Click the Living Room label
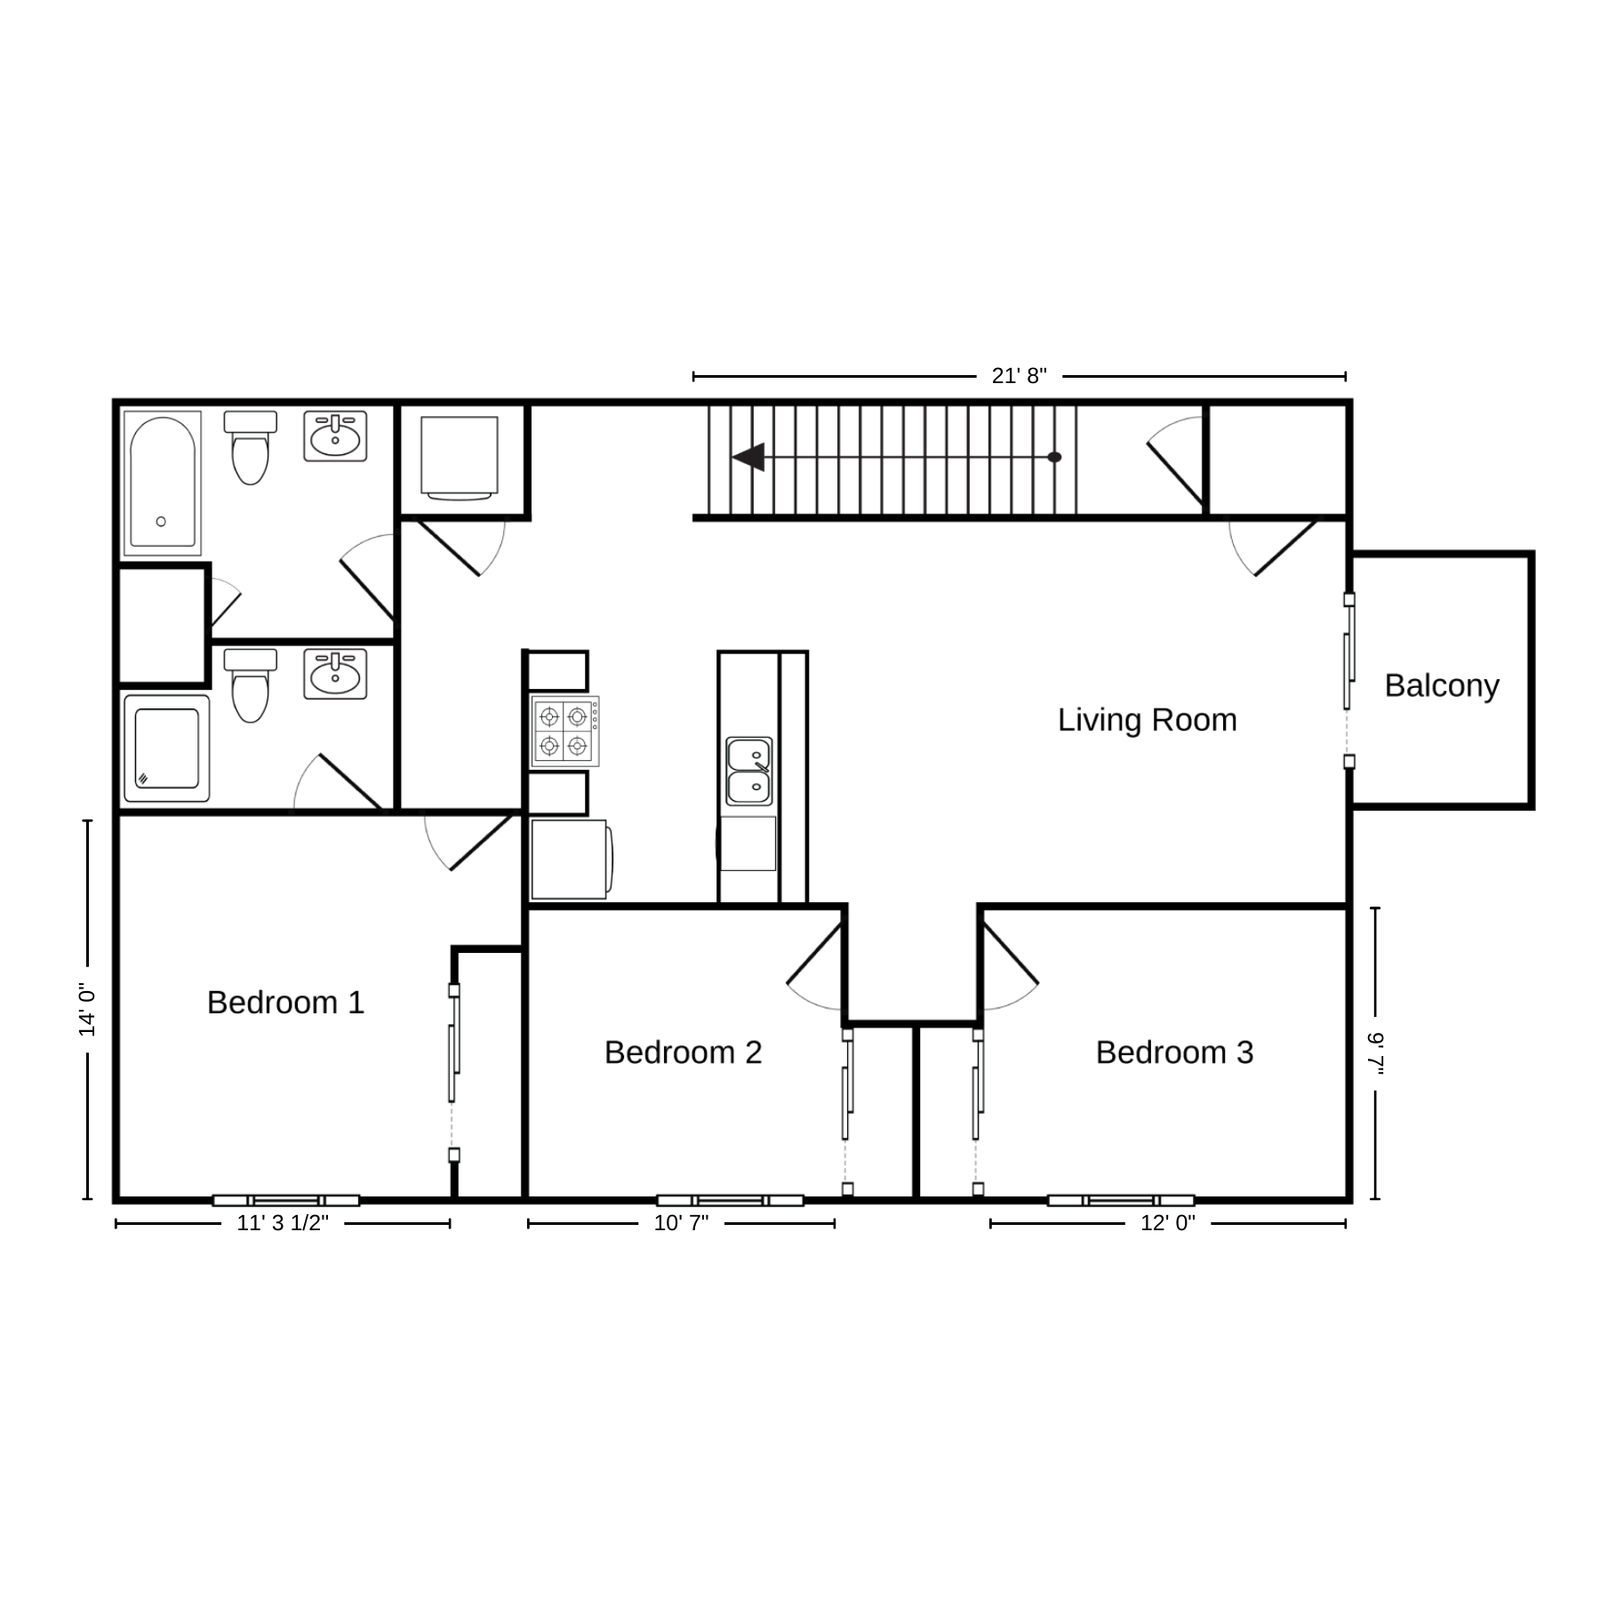(x=1147, y=720)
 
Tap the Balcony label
(x=1442, y=686)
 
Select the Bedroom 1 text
(x=285, y=1003)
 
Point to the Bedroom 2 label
(x=683, y=1052)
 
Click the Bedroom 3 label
(x=1174, y=1052)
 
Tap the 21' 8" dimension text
(x=1020, y=376)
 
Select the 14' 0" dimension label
(x=86, y=1010)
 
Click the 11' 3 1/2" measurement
(x=283, y=1223)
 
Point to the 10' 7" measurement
(x=681, y=1223)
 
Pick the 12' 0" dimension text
(x=1168, y=1223)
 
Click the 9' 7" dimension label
(x=1376, y=1053)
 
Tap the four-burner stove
(x=565, y=732)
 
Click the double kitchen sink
(x=748, y=771)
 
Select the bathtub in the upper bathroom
(x=163, y=483)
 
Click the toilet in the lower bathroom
(x=250, y=684)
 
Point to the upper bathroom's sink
(x=335, y=436)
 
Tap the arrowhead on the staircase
(x=748, y=457)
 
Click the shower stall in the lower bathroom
(x=166, y=748)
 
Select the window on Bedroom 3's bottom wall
(x=1121, y=1201)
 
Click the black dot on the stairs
(x=1054, y=457)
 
